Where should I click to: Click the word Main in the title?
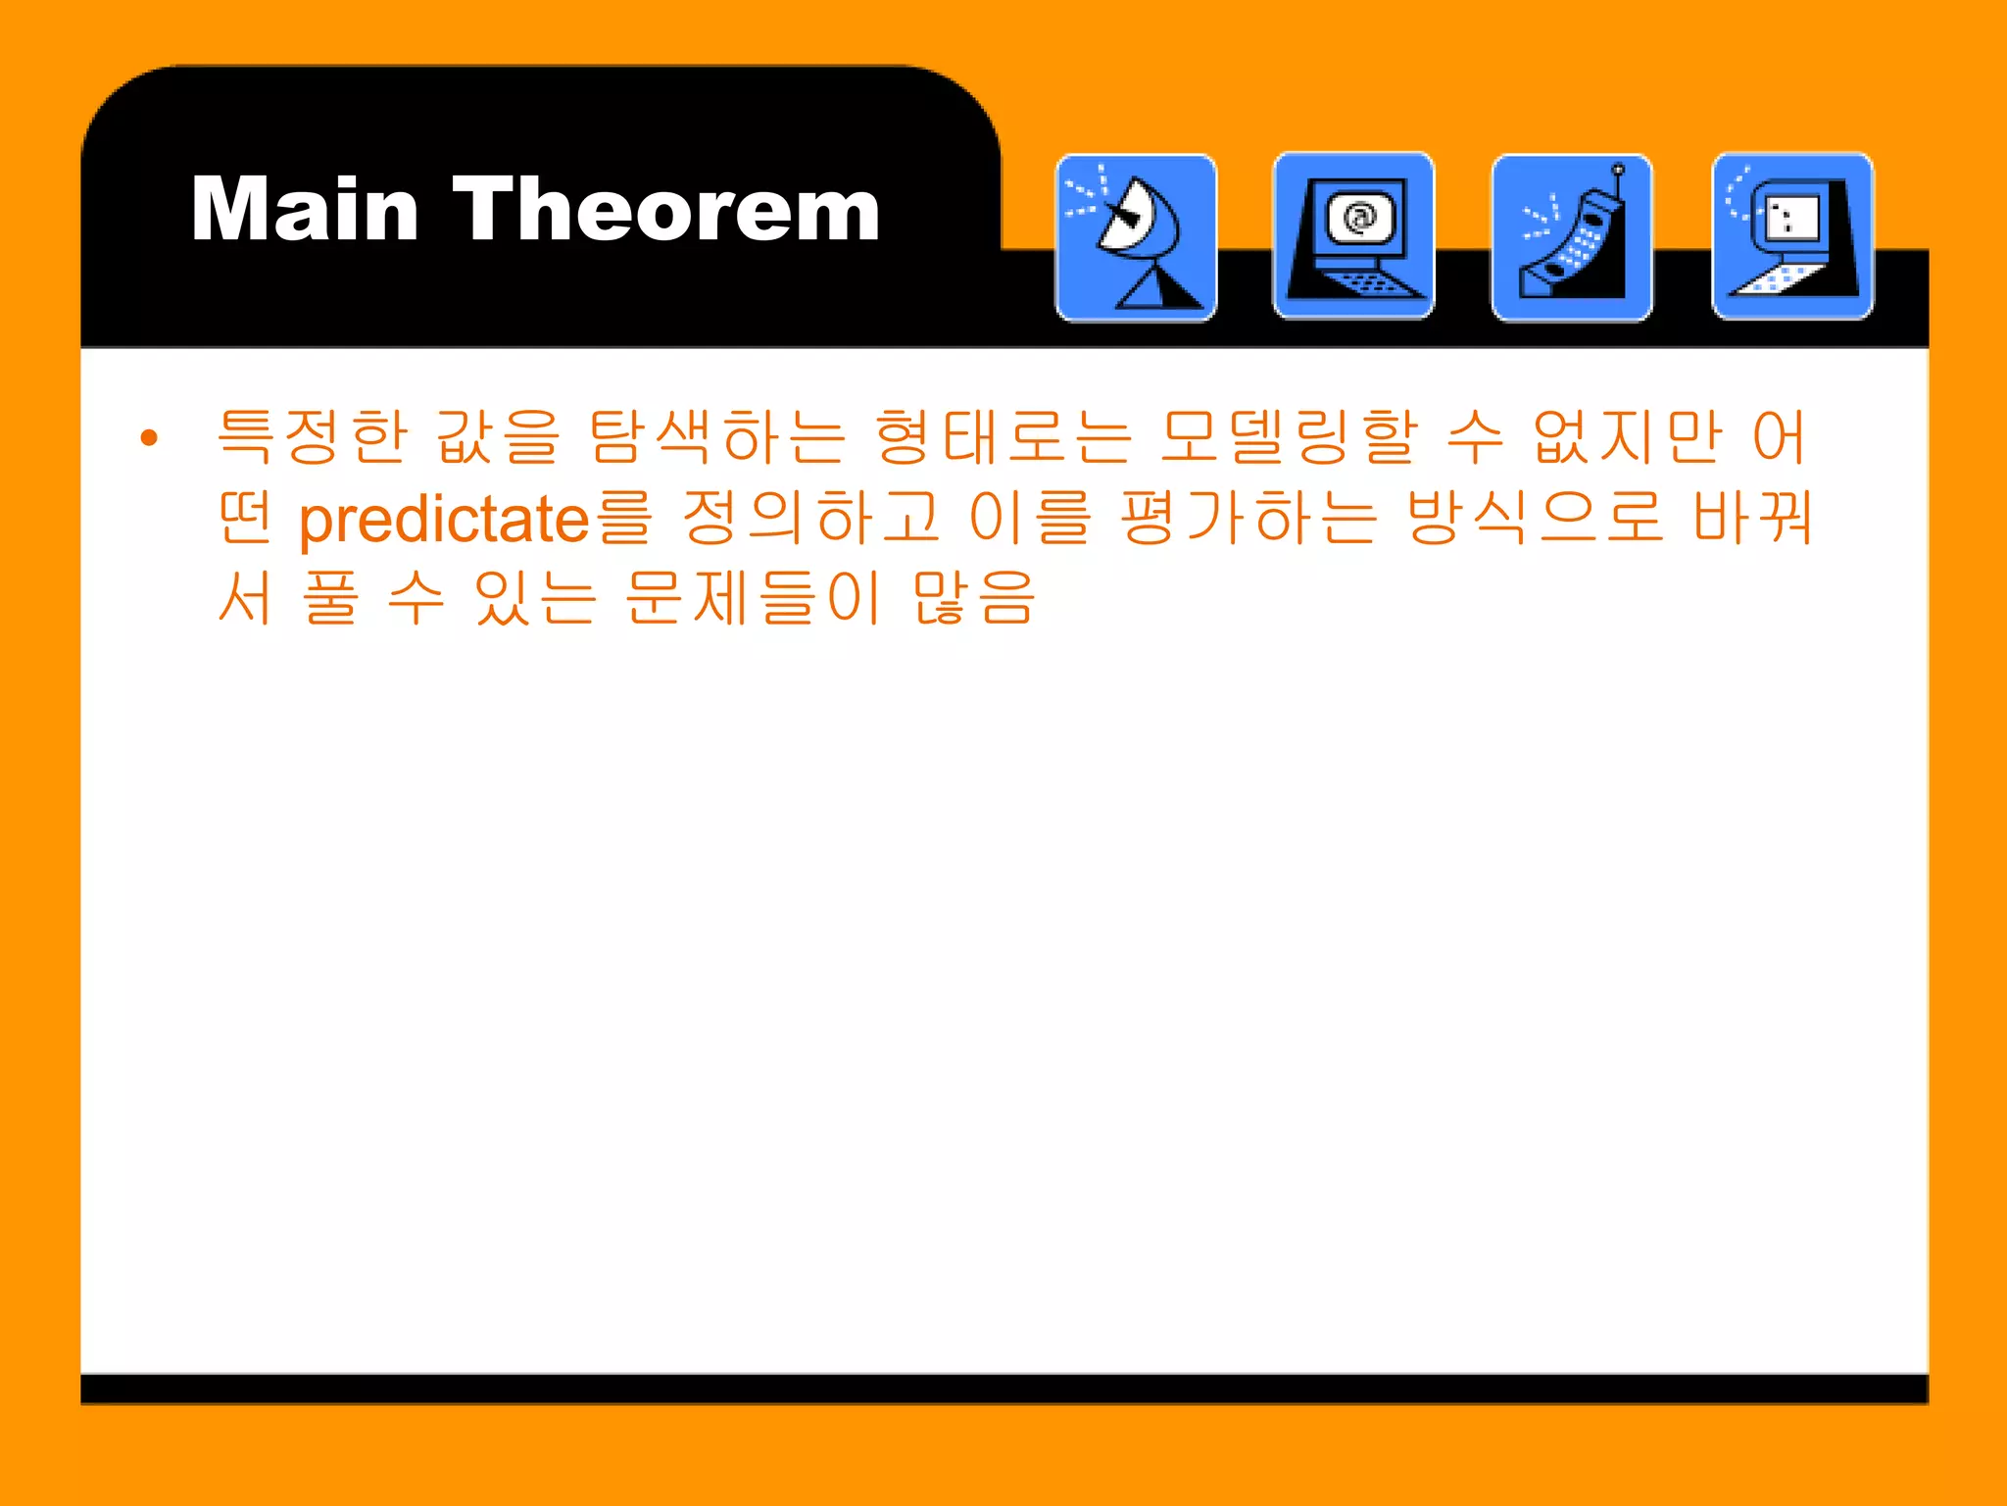click(x=305, y=210)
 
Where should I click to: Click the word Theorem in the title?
click(x=666, y=210)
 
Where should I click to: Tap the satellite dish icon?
click(x=1136, y=238)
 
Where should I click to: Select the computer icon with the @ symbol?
click(x=1353, y=236)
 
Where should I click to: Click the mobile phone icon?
click(x=1572, y=238)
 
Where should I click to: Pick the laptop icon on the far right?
click(x=1792, y=236)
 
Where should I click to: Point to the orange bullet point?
click(x=149, y=437)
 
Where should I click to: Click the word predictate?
click(x=444, y=519)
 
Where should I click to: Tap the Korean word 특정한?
click(x=312, y=437)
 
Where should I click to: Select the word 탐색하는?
click(x=717, y=437)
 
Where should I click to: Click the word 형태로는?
click(x=1003, y=437)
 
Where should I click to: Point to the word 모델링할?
click(x=1289, y=437)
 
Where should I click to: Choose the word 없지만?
click(x=1628, y=437)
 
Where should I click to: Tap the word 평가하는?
click(x=1248, y=519)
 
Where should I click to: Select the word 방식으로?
click(x=1535, y=519)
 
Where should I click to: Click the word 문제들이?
click(x=754, y=598)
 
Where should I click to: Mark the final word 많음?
click(x=974, y=598)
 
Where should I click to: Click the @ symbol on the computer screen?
click(x=1360, y=217)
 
